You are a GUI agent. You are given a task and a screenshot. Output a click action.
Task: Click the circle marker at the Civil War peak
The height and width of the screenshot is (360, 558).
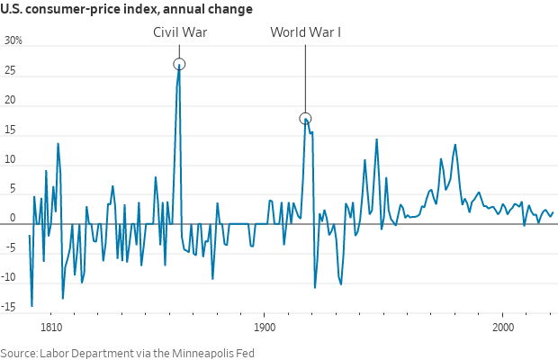[179, 64]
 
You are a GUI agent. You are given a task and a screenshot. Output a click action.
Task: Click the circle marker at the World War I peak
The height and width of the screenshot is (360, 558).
[305, 119]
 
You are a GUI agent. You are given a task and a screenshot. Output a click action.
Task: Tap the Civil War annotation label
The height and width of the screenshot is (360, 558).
[180, 32]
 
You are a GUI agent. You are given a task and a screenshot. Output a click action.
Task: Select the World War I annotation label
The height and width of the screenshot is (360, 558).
[305, 32]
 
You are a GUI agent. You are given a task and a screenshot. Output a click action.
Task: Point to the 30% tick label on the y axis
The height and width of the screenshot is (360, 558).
[13, 41]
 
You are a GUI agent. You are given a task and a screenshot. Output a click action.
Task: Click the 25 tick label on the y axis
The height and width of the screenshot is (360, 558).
[12, 71]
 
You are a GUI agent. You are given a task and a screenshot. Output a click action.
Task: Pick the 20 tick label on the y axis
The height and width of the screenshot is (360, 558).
[12, 101]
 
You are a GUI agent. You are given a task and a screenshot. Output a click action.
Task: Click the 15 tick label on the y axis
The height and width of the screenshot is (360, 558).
[12, 130]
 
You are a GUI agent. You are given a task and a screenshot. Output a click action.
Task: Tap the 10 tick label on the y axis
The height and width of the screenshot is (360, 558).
[12, 160]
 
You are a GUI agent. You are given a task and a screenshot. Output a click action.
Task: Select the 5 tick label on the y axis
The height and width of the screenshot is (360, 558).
[14, 190]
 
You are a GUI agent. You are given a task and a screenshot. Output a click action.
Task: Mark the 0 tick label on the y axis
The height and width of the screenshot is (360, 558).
[14, 219]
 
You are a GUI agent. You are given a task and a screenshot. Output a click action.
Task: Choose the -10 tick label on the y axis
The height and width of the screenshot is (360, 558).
[11, 278]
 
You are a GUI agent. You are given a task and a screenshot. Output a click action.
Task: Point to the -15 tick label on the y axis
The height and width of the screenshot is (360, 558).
[11, 308]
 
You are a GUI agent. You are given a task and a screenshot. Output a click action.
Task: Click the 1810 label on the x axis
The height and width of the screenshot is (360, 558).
[51, 328]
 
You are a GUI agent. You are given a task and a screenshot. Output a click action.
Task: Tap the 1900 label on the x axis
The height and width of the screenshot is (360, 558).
[265, 328]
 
